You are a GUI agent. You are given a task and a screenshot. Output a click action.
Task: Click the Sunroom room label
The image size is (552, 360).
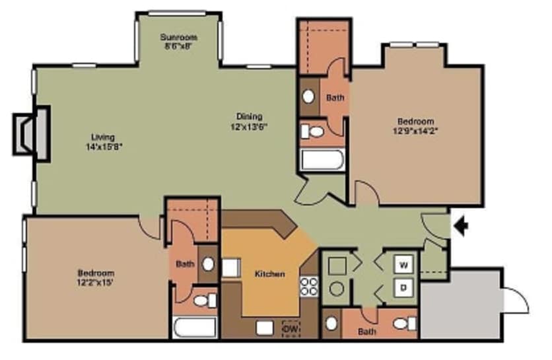[x=179, y=41]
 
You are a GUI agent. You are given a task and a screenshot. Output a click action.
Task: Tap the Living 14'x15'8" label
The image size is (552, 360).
[x=103, y=141]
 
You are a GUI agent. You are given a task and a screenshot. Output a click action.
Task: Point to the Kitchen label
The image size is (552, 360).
[x=270, y=273]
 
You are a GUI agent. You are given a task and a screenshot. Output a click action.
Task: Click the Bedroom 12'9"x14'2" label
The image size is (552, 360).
[x=415, y=126]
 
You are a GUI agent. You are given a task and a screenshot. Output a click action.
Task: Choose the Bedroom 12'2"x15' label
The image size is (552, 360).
[x=96, y=277]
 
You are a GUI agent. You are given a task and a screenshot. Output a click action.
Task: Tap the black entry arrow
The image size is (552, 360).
[x=462, y=227]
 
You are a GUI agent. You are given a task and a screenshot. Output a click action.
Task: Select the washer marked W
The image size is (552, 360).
[x=403, y=266]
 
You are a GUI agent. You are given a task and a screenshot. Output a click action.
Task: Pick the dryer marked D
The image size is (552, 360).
[x=403, y=288]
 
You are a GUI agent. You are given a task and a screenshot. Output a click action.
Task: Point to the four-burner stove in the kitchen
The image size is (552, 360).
[x=308, y=286]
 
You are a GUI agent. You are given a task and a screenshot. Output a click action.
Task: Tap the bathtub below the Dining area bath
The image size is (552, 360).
[x=322, y=160]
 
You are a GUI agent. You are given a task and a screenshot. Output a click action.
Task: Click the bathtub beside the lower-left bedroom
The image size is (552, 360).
[x=195, y=327]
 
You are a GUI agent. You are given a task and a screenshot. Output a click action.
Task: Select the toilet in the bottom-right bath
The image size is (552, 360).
[x=403, y=324]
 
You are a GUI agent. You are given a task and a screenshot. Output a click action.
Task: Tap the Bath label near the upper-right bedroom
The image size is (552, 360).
[x=335, y=98]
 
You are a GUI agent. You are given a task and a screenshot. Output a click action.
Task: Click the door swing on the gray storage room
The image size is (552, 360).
[x=515, y=301]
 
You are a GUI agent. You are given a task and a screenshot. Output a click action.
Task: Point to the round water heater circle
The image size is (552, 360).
[x=337, y=289]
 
